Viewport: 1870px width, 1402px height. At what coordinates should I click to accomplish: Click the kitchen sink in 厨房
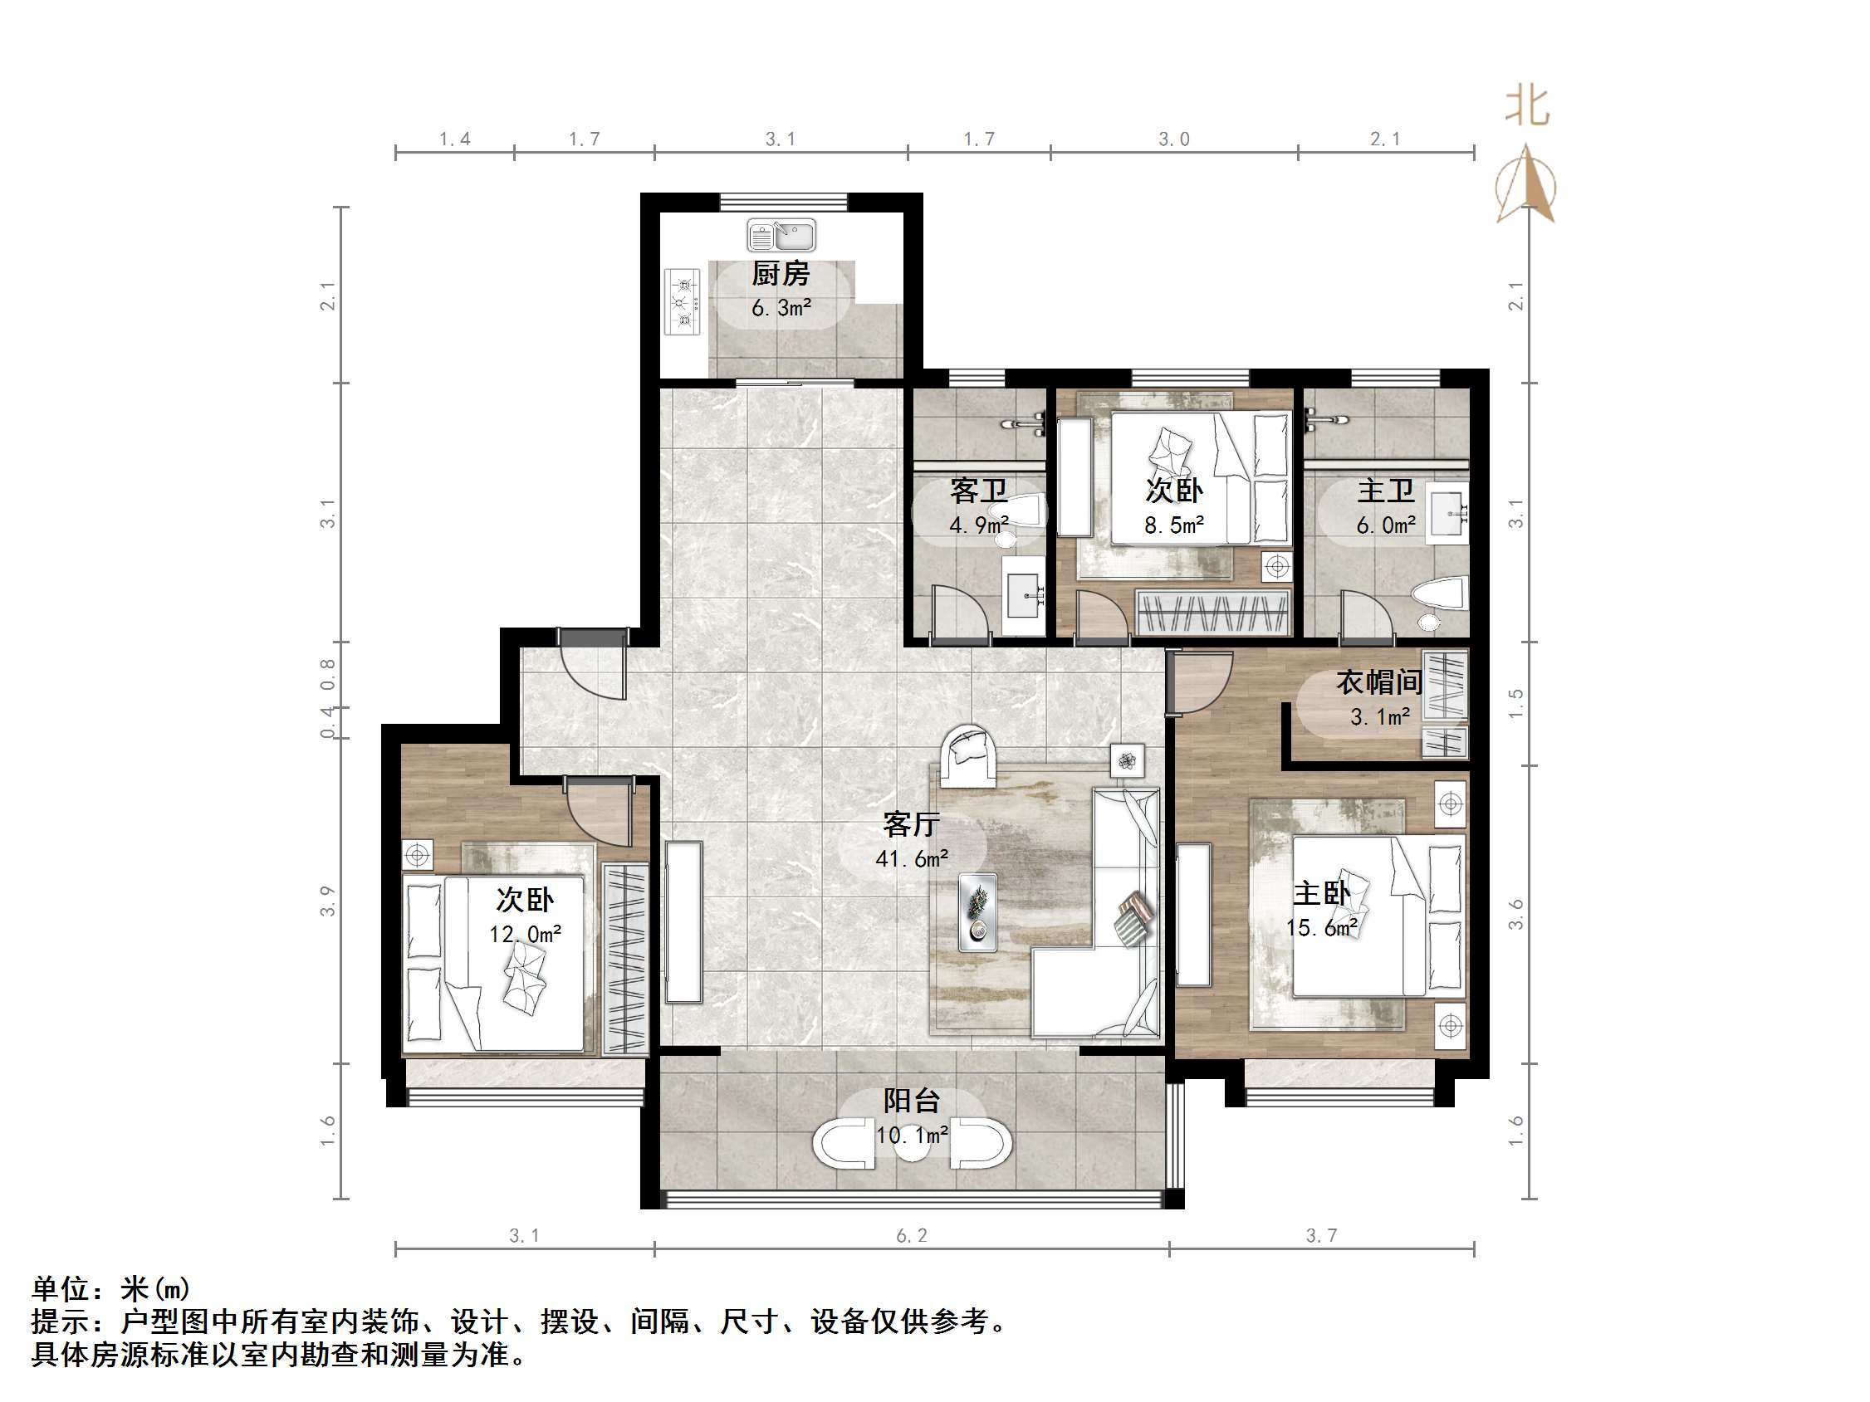(x=781, y=236)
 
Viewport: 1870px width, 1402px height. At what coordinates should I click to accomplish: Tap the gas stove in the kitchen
(x=683, y=300)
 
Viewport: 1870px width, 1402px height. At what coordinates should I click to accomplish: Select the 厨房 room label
(x=781, y=274)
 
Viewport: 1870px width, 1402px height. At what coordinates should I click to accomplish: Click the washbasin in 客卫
(x=1025, y=595)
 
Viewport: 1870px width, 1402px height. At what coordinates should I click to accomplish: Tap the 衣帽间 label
(x=1378, y=682)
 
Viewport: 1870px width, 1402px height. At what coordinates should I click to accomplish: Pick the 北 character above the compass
(x=1527, y=107)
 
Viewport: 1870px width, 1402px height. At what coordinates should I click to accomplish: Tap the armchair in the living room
(x=969, y=754)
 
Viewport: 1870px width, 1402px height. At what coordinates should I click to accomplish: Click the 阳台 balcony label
(x=911, y=1101)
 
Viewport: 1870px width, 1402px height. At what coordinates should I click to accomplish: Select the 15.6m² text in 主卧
(x=1321, y=928)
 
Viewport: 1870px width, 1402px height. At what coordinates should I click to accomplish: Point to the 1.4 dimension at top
(x=455, y=139)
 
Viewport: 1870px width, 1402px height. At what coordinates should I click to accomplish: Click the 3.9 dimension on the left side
(x=328, y=901)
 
